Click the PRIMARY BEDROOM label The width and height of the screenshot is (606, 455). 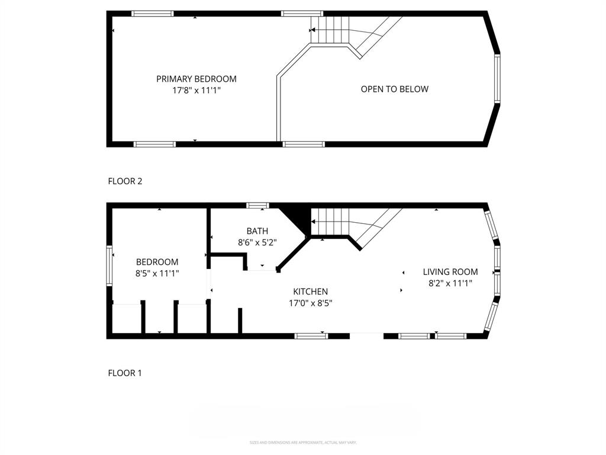click(196, 79)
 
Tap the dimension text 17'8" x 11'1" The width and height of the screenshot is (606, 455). click(196, 91)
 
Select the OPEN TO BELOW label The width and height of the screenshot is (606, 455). click(394, 89)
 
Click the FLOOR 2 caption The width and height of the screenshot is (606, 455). click(125, 181)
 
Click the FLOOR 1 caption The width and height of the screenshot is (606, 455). click(125, 373)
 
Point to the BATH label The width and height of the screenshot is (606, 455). click(257, 231)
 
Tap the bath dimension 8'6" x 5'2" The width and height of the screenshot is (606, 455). click(257, 242)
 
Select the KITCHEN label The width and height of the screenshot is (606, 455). click(311, 291)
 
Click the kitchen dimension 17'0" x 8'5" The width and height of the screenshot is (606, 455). click(311, 303)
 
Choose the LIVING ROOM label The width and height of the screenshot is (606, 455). click(450, 272)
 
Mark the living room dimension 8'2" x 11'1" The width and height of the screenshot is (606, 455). click(450, 284)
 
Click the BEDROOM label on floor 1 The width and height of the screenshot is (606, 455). click(157, 262)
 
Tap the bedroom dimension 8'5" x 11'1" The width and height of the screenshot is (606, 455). click(157, 273)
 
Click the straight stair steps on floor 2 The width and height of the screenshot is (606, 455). click(330, 30)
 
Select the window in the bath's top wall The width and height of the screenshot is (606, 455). click(257, 206)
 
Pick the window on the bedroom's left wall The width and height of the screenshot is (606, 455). click(109, 266)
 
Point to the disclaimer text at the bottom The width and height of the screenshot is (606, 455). click(303, 443)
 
